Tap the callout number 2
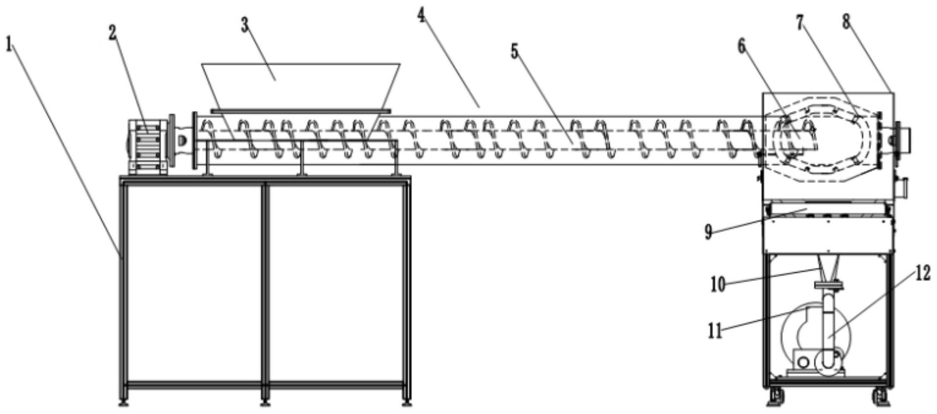point(113,33)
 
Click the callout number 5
point(514,51)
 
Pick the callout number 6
point(741,47)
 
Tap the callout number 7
point(800,22)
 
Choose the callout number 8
point(846,21)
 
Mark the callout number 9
point(708,232)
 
